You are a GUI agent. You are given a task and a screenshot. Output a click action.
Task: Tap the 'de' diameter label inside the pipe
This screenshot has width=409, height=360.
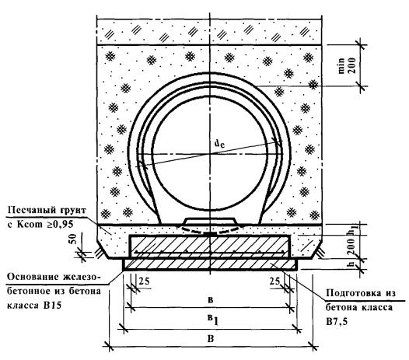tap(219, 144)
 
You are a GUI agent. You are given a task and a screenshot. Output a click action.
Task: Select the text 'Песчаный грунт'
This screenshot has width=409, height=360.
tap(47, 210)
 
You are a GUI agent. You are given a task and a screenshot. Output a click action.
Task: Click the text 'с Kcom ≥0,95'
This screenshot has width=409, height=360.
tap(40, 224)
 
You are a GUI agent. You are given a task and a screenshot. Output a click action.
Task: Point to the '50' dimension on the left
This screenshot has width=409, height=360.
tap(74, 239)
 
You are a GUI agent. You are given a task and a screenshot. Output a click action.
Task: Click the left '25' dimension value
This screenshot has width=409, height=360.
tap(144, 281)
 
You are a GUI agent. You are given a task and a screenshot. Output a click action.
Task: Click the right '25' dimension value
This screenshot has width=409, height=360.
tap(274, 281)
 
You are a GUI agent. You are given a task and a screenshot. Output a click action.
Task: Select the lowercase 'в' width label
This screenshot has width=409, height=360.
tap(211, 300)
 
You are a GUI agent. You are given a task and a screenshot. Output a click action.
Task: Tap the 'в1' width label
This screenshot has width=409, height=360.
tap(212, 320)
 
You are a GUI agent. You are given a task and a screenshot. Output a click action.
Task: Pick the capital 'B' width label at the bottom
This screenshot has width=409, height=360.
tap(211, 339)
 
